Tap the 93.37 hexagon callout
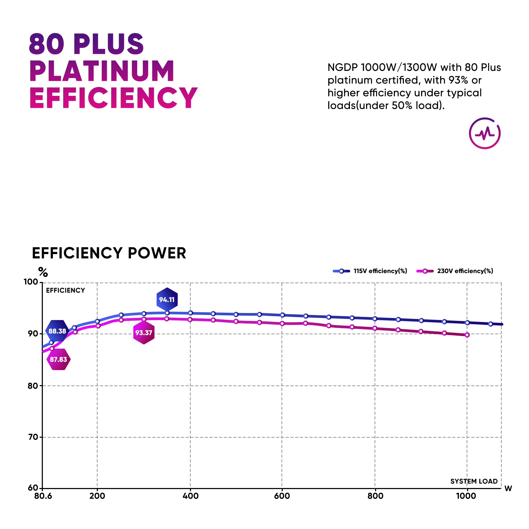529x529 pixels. point(144,333)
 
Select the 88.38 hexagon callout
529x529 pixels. point(57,331)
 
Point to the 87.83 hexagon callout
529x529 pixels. point(58,359)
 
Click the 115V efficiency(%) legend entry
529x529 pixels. point(370,271)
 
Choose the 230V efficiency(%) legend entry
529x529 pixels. point(454,271)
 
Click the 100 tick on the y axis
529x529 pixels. point(31,282)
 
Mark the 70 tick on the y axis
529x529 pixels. point(33,437)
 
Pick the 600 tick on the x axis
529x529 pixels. point(282,496)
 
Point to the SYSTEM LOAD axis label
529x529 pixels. point(474,481)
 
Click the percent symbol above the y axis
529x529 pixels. point(43,272)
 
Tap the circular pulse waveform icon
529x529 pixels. point(485,133)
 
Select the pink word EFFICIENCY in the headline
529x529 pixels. point(113,98)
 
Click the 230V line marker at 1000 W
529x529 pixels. point(467,335)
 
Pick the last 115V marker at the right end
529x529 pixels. point(490,324)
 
